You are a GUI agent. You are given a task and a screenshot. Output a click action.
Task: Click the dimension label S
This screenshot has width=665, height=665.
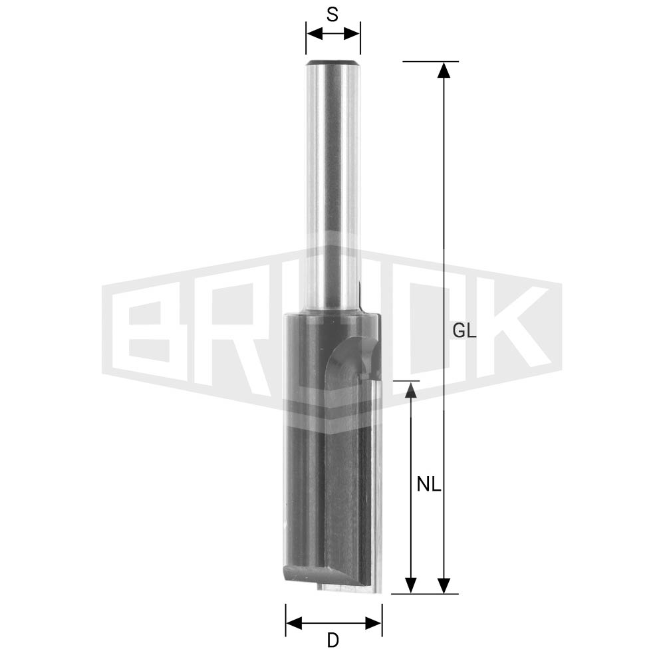pyautogui.click(x=332, y=15)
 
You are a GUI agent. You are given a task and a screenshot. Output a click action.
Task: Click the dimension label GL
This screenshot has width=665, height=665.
pyautogui.click(x=464, y=331)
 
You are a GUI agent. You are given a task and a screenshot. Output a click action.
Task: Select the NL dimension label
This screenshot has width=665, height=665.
pyautogui.click(x=429, y=484)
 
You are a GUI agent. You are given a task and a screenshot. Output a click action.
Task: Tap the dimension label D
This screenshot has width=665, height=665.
pyautogui.click(x=333, y=640)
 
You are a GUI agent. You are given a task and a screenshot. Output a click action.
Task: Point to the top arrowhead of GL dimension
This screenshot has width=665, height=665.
pyautogui.click(x=444, y=70)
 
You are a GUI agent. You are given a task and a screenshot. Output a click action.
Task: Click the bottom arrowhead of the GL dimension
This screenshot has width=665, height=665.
pyautogui.click(x=444, y=585)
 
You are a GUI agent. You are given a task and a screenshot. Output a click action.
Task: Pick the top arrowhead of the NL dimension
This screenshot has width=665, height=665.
pyautogui.click(x=410, y=390)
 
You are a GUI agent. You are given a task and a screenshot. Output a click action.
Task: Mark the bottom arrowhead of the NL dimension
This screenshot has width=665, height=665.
pyautogui.click(x=410, y=585)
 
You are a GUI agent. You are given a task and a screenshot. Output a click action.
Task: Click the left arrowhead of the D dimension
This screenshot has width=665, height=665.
pyautogui.click(x=294, y=623)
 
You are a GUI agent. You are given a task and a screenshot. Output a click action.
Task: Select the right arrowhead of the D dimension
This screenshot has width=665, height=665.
pyautogui.click(x=374, y=623)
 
